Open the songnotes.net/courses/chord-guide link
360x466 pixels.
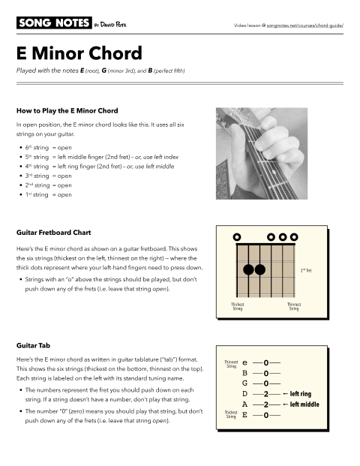(x=299, y=25)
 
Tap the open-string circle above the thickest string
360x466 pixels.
(x=237, y=237)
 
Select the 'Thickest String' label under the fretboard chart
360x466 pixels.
(x=238, y=306)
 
